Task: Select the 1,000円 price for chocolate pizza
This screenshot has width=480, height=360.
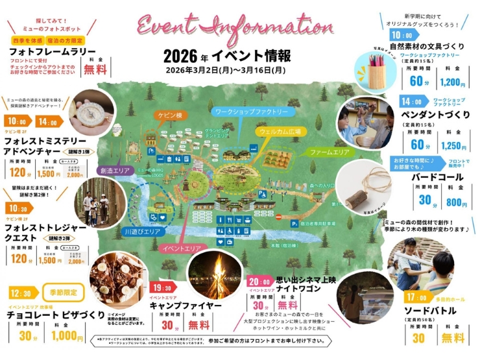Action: (67, 337)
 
